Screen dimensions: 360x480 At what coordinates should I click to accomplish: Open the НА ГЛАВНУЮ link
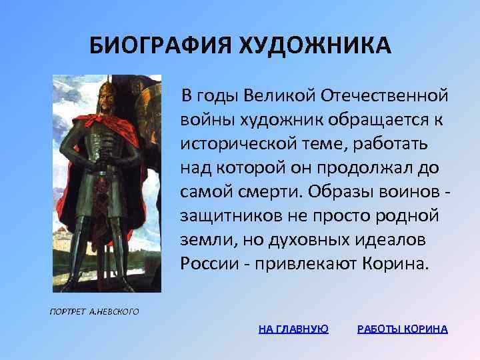(293, 329)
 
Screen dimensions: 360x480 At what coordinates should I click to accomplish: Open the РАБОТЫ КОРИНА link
(403, 329)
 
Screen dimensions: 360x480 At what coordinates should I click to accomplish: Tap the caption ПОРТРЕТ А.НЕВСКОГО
(94, 311)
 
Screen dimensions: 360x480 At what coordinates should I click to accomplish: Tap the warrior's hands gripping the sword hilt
(107, 158)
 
